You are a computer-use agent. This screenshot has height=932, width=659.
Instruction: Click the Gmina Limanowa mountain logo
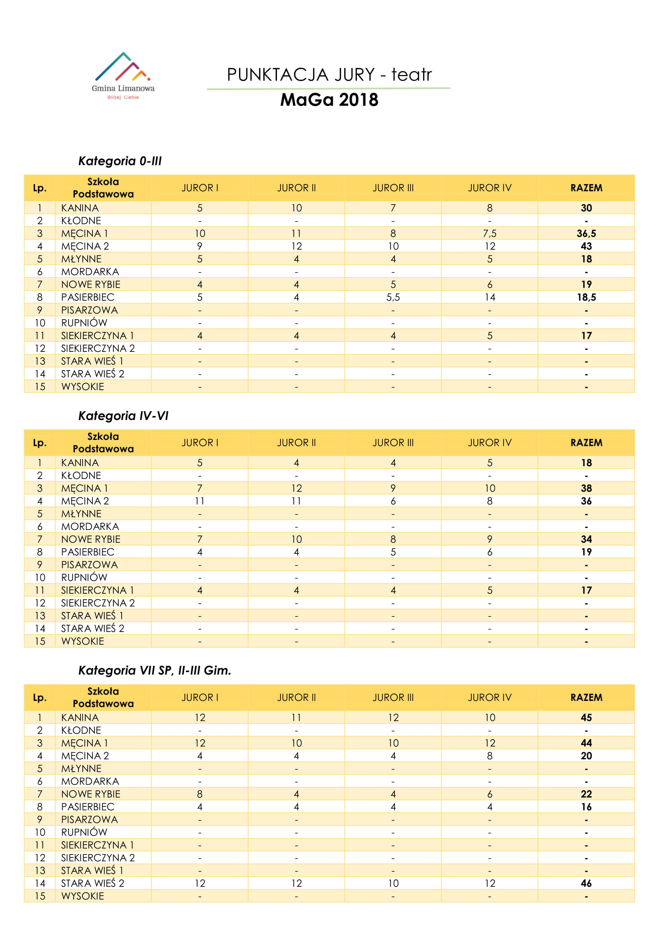tap(123, 75)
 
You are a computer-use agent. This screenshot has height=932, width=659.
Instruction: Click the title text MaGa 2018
tap(329, 100)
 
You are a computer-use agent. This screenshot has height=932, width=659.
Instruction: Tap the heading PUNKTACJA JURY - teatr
tap(329, 75)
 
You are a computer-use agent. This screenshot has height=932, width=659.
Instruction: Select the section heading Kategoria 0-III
tap(120, 161)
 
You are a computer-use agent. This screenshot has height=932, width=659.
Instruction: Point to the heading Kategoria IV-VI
tap(123, 416)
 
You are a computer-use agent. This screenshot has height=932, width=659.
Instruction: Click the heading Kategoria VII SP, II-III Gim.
tap(155, 670)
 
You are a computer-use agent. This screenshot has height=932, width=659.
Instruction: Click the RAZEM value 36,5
tap(586, 233)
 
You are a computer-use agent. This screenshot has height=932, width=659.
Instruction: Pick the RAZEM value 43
tap(586, 246)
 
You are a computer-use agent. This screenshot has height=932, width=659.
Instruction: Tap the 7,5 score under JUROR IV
tap(489, 233)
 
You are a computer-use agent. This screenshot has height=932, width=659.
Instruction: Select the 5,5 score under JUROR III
tap(393, 297)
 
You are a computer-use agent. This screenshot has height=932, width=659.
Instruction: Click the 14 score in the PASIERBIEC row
tap(489, 297)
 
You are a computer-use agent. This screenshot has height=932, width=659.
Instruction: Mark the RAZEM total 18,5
tap(586, 297)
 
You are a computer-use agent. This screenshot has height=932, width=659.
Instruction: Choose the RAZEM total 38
tap(586, 489)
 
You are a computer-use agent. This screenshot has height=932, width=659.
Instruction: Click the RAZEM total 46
tap(586, 883)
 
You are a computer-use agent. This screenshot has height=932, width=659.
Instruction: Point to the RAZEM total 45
tap(586, 718)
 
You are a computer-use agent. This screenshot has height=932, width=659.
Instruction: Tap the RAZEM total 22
tap(586, 794)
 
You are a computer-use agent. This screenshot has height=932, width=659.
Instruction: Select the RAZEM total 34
tap(586, 539)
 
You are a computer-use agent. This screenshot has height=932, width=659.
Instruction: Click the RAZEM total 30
tap(586, 208)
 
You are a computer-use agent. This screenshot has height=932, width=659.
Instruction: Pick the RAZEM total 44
tap(586, 743)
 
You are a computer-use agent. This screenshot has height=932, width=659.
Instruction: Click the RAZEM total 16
tap(586, 806)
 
